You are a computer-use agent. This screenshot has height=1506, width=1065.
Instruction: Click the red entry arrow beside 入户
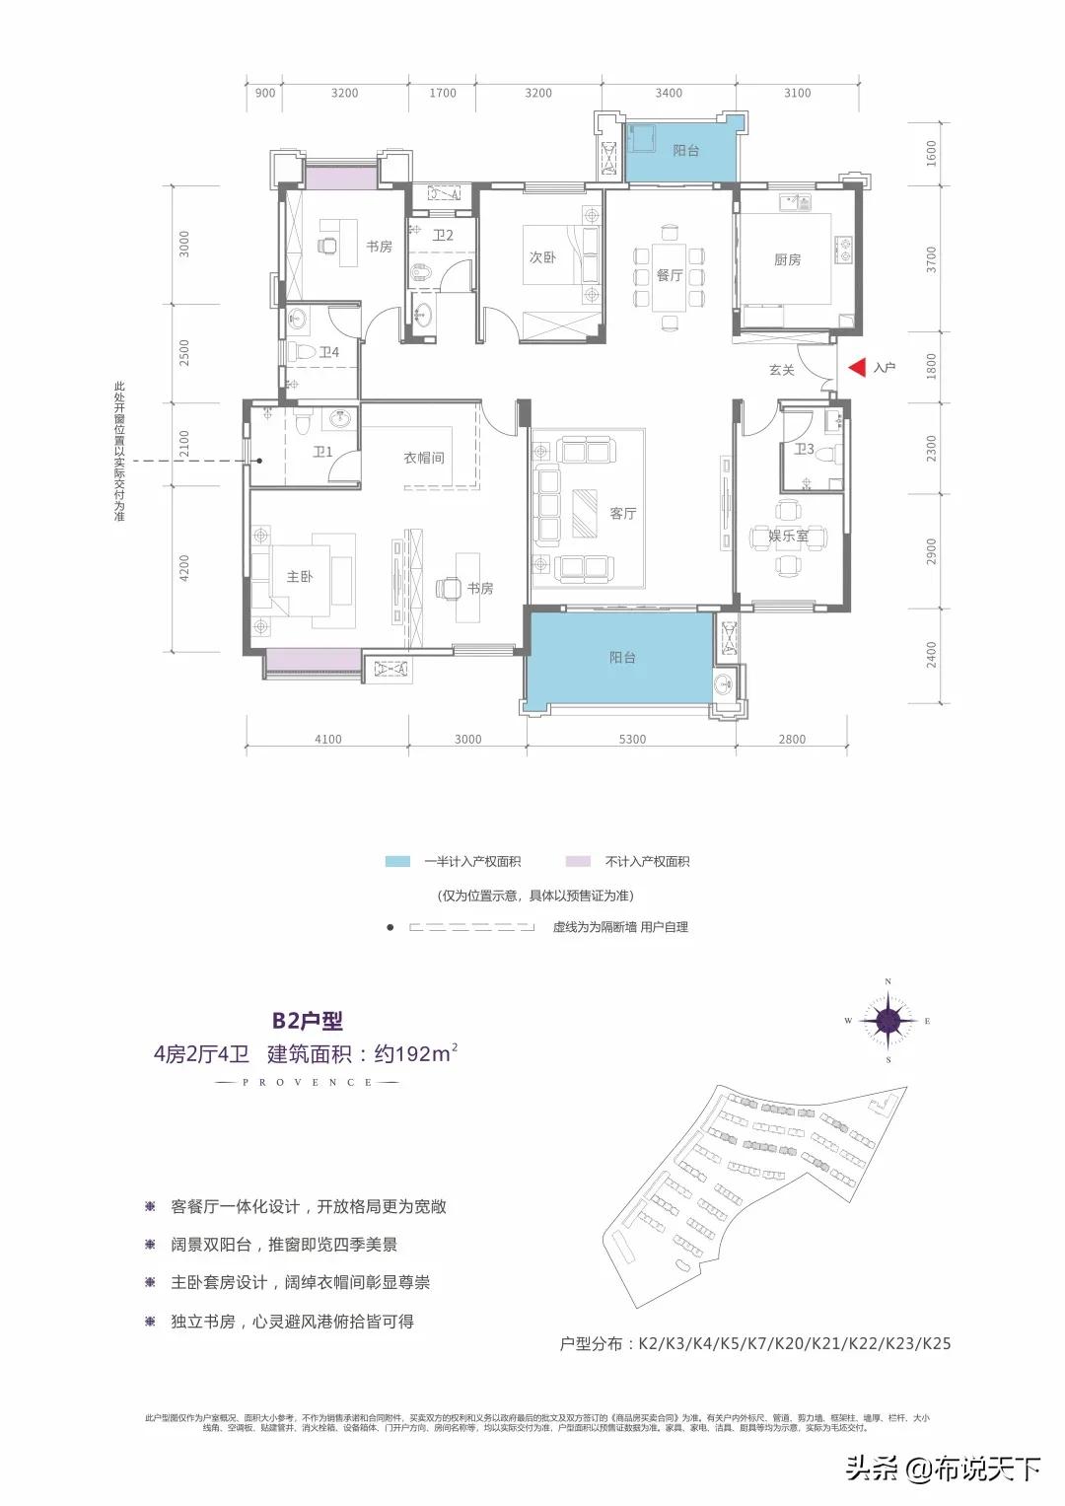pyautogui.click(x=857, y=368)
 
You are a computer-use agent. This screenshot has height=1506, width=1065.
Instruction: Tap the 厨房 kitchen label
pyautogui.click(x=787, y=260)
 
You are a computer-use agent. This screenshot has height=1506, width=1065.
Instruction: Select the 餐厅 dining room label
pyautogui.click(x=670, y=275)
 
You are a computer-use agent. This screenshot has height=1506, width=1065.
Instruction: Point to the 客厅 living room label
pyautogui.click(x=622, y=513)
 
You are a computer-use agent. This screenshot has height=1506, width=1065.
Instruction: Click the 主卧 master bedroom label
pyautogui.click(x=300, y=576)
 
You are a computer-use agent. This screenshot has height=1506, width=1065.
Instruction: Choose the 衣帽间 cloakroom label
pyautogui.click(x=424, y=458)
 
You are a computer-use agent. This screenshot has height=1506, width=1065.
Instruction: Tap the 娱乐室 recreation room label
pyautogui.click(x=788, y=536)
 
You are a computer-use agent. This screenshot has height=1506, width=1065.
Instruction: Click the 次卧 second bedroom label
pyautogui.click(x=542, y=257)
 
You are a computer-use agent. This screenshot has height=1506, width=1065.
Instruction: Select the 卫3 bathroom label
pyautogui.click(x=805, y=450)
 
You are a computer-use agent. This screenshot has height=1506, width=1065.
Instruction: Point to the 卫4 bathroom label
pyautogui.click(x=328, y=352)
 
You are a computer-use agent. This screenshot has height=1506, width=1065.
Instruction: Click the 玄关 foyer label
pyautogui.click(x=782, y=370)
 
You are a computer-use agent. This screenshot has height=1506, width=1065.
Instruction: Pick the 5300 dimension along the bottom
pyautogui.click(x=632, y=739)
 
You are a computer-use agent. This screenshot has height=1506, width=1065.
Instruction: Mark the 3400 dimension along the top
pyautogui.click(x=669, y=93)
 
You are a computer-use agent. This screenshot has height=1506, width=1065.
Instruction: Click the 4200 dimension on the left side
pyautogui.click(x=184, y=568)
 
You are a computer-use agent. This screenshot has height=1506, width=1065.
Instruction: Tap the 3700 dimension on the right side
pyautogui.click(x=932, y=259)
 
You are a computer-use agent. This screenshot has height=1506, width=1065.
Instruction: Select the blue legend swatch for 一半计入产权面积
pyautogui.click(x=397, y=861)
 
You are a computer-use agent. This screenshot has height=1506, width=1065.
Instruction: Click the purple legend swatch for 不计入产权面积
pyautogui.click(x=578, y=861)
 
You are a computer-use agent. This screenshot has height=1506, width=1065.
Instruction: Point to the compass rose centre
pyautogui.click(x=888, y=1021)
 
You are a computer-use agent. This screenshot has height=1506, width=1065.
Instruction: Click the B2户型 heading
pyautogui.click(x=308, y=1021)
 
